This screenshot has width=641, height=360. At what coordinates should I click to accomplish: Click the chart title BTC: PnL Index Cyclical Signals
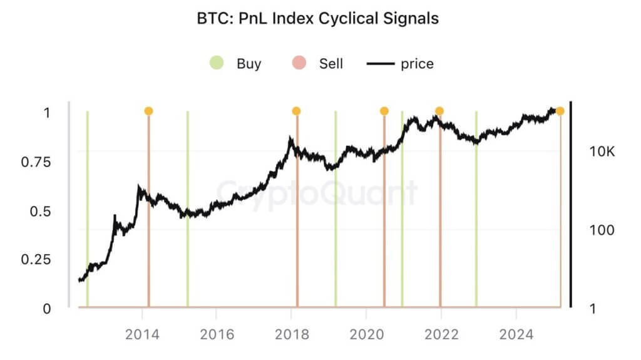pyautogui.click(x=318, y=18)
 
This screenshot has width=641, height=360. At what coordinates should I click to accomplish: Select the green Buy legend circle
pyautogui.click(x=217, y=63)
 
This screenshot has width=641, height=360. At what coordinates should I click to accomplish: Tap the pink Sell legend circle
pyautogui.click(x=299, y=63)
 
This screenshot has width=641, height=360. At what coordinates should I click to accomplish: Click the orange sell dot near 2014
pyautogui.click(x=148, y=111)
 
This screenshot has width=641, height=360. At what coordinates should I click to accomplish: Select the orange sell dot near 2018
pyautogui.click(x=296, y=111)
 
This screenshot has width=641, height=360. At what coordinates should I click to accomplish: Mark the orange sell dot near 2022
pyautogui.click(x=439, y=111)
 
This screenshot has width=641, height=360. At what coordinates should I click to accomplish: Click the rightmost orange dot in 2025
pyautogui.click(x=560, y=111)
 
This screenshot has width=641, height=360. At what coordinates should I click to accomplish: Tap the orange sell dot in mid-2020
pyautogui.click(x=384, y=111)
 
